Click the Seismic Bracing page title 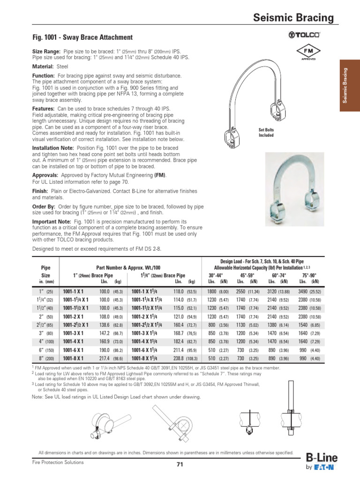coord(293,18)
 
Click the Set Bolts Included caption coord(266,133)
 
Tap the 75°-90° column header coord(309,275)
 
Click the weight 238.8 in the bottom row coord(177,358)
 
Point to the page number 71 coord(180,465)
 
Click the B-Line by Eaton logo coord(321,462)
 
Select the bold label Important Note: coord(52,221)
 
